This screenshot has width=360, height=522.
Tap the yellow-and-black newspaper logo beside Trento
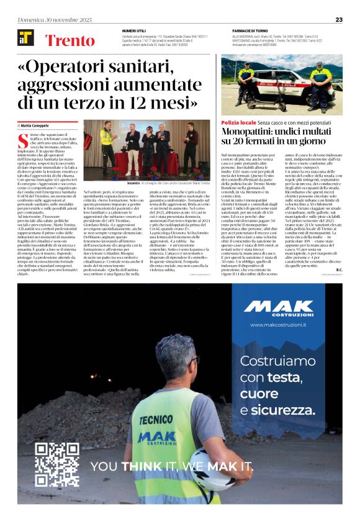(x=25, y=38)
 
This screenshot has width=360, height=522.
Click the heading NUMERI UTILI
(x=133, y=30)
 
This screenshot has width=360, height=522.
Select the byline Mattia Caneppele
(x=38, y=125)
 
